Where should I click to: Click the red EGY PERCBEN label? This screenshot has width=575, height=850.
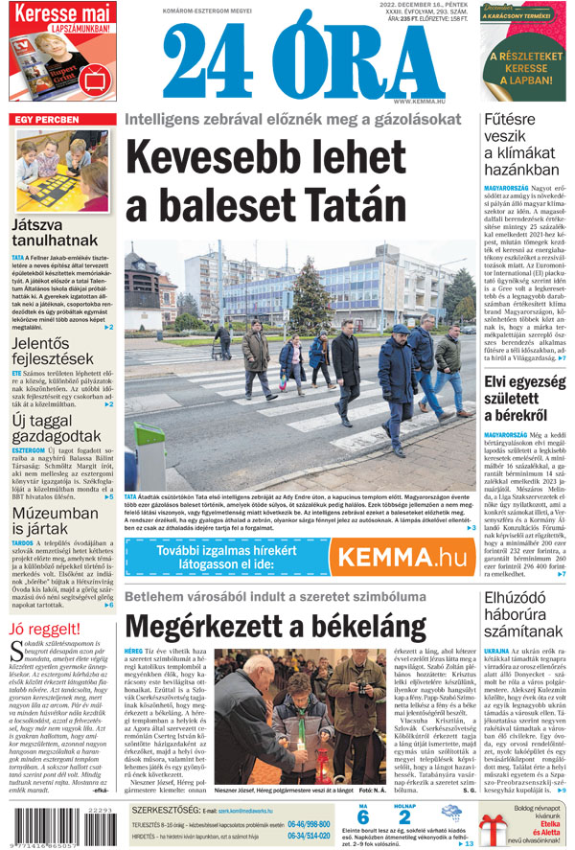click(46, 120)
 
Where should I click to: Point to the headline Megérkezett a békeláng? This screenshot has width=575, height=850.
click(276, 629)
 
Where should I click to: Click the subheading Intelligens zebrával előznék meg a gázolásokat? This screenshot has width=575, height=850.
click(292, 120)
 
